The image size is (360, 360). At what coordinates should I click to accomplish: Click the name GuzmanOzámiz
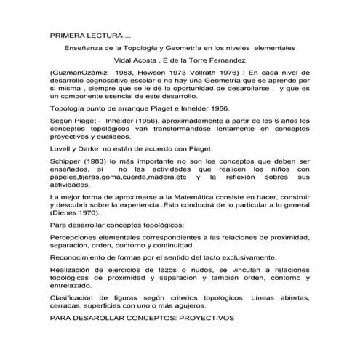[79, 74]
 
